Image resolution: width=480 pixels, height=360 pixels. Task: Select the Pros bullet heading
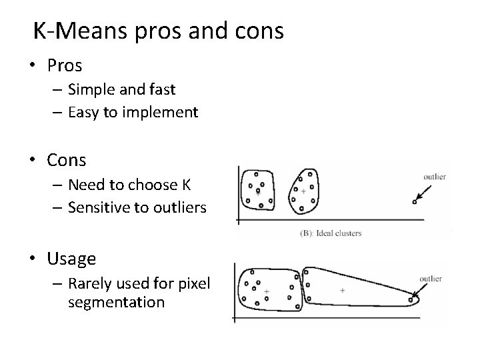(x=65, y=65)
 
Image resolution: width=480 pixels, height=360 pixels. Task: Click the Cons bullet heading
(x=67, y=160)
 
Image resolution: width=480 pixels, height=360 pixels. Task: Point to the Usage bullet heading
(x=71, y=258)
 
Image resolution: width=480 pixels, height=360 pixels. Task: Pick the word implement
(x=164, y=113)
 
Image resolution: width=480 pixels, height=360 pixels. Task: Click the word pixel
(x=195, y=284)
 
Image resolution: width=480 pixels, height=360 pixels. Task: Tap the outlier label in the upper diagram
(x=435, y=177)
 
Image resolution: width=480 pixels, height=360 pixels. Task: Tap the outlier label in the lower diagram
(x=431, y=279)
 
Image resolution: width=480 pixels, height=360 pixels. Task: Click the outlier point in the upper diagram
(x=414, y=201)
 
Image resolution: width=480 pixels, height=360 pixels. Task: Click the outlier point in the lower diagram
(x=413, y=299)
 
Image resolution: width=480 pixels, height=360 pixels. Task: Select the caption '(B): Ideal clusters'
(x=331, y=233)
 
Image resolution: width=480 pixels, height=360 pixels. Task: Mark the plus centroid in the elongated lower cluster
(x=343, y=290)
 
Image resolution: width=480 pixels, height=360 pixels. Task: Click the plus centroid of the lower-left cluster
(x=266, y=291)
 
